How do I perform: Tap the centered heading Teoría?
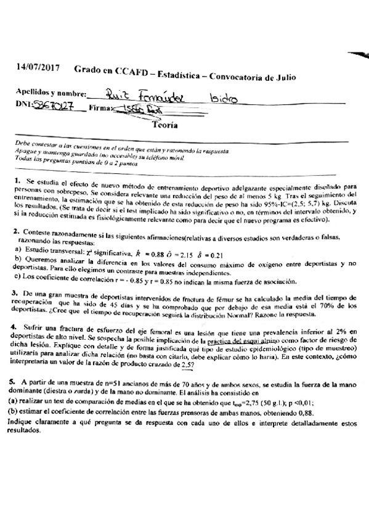[x=164, y=124]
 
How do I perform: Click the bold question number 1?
[x=18, y=181]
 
